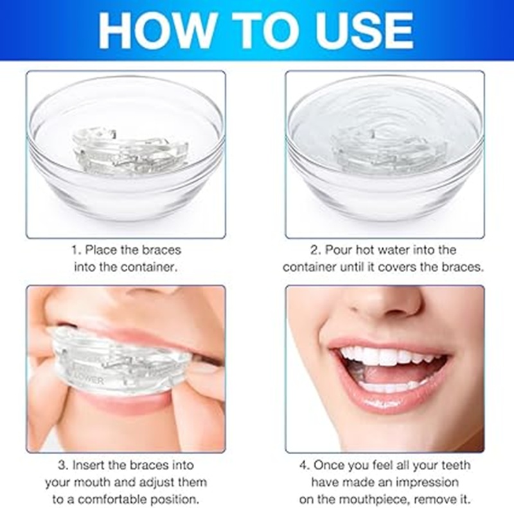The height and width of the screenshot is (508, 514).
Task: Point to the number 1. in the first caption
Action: point(76,250)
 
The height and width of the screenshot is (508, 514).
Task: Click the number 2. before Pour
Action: point(316,250)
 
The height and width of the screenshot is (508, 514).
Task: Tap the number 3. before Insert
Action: point(63,465)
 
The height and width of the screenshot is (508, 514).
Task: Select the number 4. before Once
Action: point(305,465)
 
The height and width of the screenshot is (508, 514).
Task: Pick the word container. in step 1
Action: point(149,267)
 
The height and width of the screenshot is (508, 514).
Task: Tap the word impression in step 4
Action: point(427,482)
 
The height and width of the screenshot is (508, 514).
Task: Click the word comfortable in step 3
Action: point(112,500)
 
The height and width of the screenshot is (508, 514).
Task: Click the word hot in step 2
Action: point(366,250)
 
